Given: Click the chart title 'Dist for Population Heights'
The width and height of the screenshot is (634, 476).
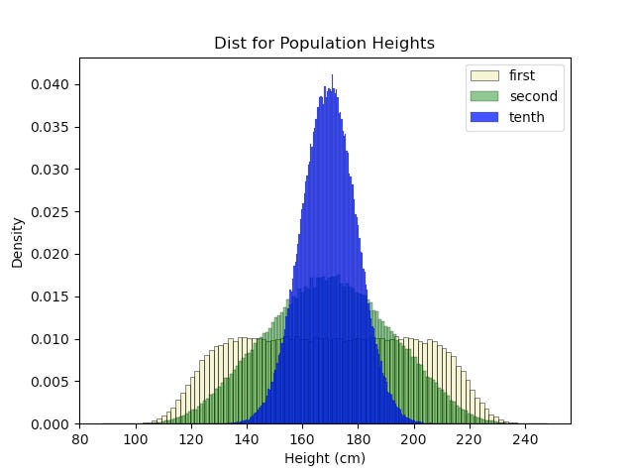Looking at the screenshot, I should (324, 44).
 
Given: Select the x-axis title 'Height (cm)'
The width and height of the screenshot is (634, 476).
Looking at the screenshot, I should (324, 458).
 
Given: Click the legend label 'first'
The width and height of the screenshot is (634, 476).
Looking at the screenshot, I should (524, 74).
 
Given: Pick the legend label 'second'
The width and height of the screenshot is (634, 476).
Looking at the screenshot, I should (533, 96).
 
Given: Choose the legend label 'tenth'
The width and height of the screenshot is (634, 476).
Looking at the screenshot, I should (526, 118).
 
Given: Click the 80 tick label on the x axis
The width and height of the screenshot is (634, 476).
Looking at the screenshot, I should (80, 438).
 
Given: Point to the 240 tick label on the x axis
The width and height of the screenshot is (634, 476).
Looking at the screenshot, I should (525, 438).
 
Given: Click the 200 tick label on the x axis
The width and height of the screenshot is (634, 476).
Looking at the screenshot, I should (414, 438).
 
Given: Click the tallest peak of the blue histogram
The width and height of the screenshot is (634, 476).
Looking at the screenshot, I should (332, 77).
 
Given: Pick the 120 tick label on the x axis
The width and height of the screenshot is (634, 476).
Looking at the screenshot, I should (191, 438).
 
